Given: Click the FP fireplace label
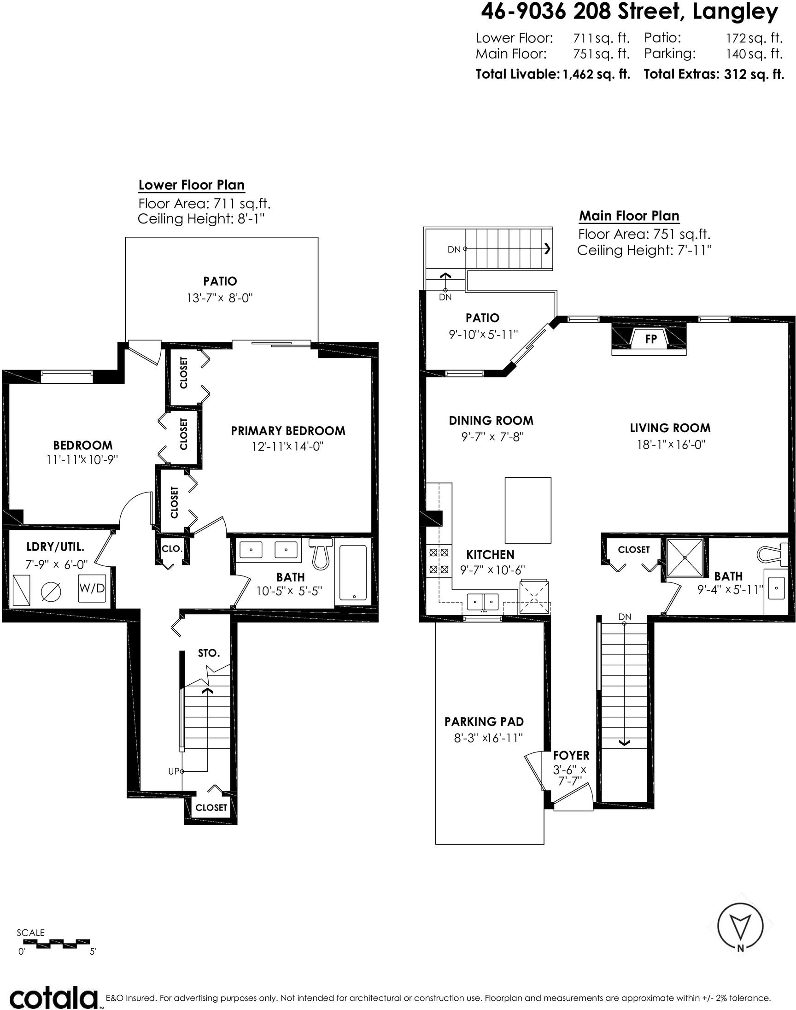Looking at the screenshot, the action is pyautogui.click(x=650, y=339).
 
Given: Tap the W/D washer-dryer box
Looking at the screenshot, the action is pyautogui.click(x=92, y=588).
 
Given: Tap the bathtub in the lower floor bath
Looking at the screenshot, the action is pyautogui.click(x=353, y=572).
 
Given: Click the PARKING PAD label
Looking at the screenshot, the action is pyautogui.click(x=484, y=722).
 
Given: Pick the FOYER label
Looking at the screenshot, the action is pyautogui.click(x=571, y=756).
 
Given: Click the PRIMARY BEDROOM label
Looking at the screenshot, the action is pyautogui.click(x=288, y=431).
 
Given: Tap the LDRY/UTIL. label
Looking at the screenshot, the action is pyautogui.click(x=55, y=547).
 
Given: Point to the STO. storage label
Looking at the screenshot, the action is pyautogui.click(x=208, y=653).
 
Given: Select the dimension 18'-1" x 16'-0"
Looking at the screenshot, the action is pyautogui.click(x=671, y=444).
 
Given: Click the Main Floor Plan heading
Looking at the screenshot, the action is pyautogui.click(x=629, y=216).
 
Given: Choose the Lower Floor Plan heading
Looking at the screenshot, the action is pyautogui.click(x=192, y=185).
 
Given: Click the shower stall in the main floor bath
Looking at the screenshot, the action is pyautogui.click(x=685, y=558).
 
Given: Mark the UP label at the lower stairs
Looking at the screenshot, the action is pyautogui.click(x=173, y=771).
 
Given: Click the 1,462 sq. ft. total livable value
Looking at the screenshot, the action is pyautogui.click(x=596, y=74).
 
